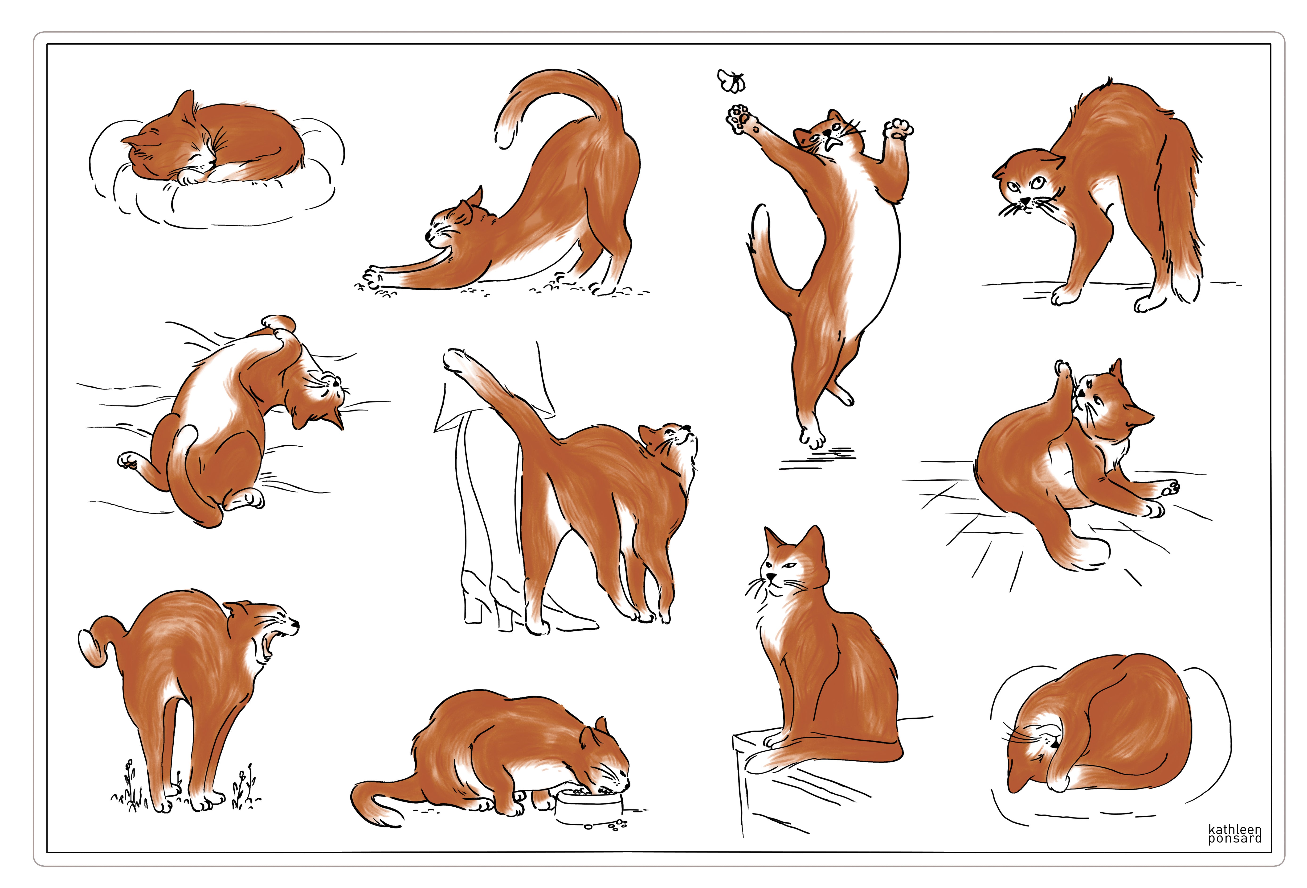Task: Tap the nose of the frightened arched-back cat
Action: [x=1025, y=200]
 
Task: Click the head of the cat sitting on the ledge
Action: [x=793, y=563]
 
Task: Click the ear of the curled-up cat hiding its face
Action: [x=1018, y=779]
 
